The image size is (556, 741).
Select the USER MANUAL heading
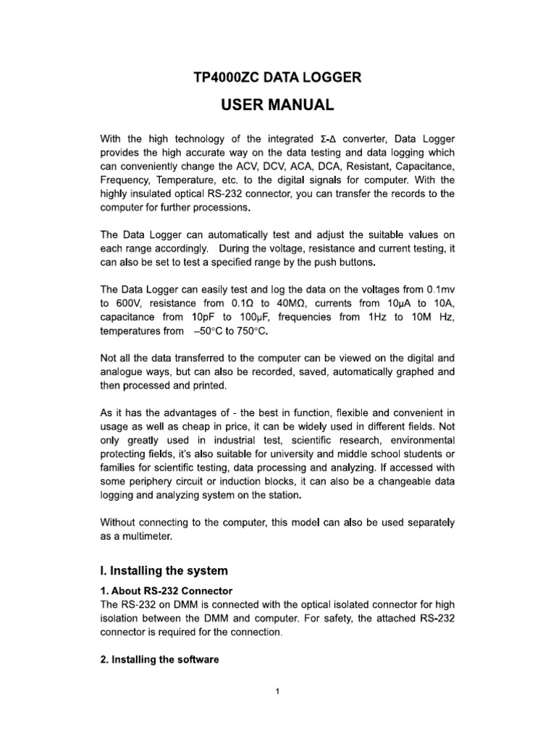tap(277, 106)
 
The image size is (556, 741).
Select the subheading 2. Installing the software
tap(159, 660)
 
